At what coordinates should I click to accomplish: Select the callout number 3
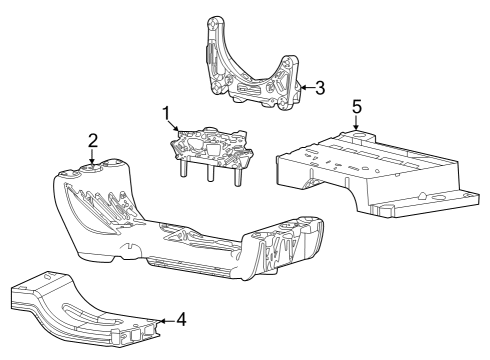(319, 88)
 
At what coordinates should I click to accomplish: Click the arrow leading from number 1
(177, 126)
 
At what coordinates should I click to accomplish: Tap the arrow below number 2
(92, 156)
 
